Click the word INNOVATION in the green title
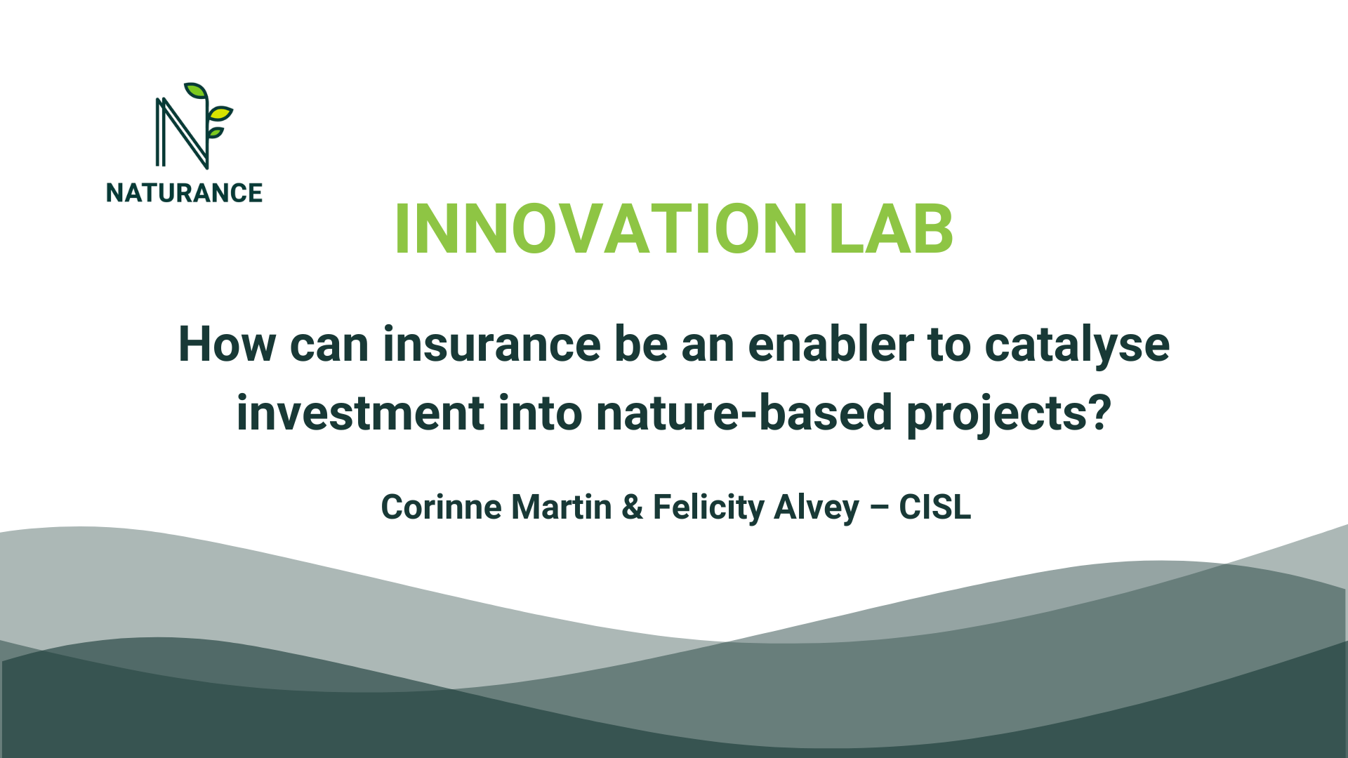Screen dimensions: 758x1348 [601, 230]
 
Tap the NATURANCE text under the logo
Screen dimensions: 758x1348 [184, 193]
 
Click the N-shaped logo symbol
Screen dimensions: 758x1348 [181, 133]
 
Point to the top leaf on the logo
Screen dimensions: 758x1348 [196, 91]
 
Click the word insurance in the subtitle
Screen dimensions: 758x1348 [491, 345]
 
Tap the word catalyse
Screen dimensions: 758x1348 [1077, 346]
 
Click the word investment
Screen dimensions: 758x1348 [359, 413]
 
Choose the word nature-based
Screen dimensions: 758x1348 [744, 413]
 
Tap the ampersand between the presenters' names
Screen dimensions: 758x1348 [632, 507]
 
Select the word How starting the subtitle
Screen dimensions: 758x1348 [227, 345]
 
